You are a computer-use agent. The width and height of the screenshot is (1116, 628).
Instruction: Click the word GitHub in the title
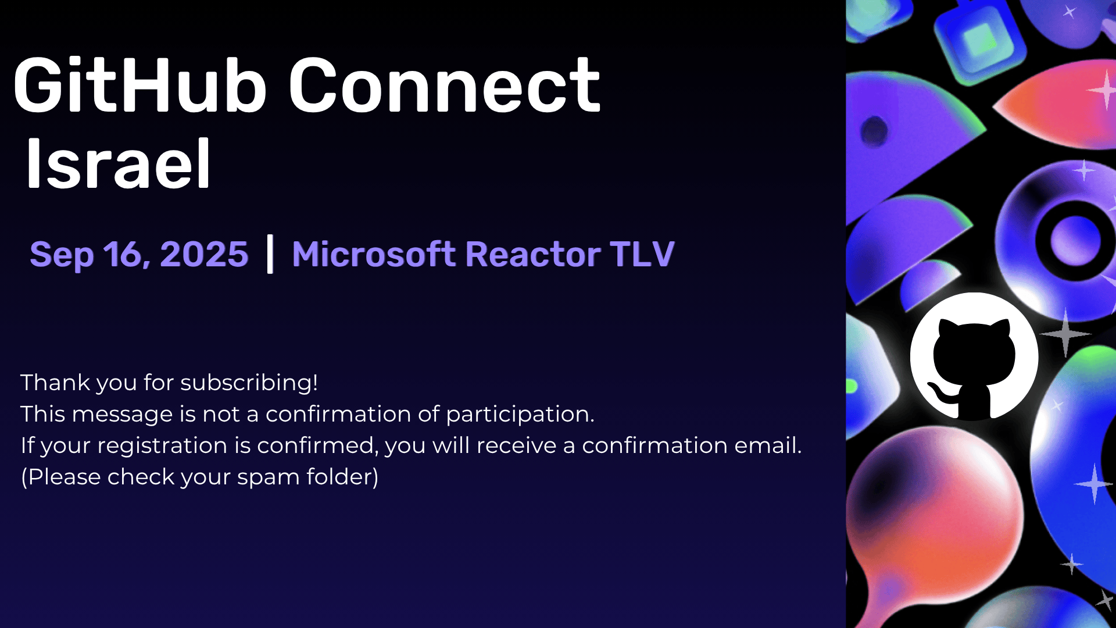(x=140, y=85)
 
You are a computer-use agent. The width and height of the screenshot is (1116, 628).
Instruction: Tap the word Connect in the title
(x=445, y=85)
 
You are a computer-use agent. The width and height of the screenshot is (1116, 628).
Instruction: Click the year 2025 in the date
(x=204, y=255)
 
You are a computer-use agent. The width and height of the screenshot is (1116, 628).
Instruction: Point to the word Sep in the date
(x=62, y=256)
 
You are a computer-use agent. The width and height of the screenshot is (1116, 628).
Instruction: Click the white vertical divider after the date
(x=270, y=254)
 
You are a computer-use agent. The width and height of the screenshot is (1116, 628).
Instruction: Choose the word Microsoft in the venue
(x=374, y=255)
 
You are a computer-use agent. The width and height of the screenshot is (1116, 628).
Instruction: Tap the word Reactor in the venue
(x=533, y=255)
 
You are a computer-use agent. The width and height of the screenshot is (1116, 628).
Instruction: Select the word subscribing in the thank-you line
(x=249, y=383)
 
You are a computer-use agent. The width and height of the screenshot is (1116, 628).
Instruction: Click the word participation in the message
(x=520, y=415)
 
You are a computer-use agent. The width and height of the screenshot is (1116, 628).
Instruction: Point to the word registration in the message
(x=162, y=446)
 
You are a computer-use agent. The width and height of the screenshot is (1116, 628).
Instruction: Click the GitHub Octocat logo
(x=974, y=356)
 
